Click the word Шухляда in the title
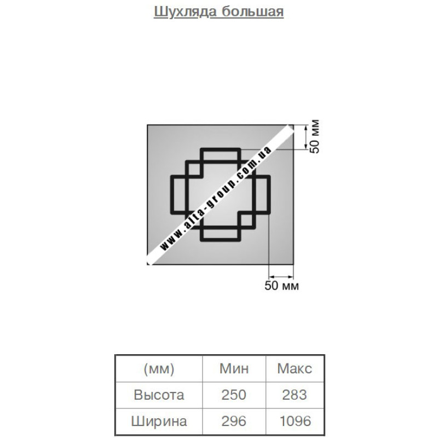[x=185, y=12]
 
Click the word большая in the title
[x=253, y=12]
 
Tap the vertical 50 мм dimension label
[x=314, y=136]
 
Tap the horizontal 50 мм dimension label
[x=281, y=286]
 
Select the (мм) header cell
[x=159, y=368]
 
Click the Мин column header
[x=234, y=368]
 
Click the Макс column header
[x=295, y=368]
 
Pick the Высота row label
[x=159, y=395]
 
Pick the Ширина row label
[x=159, y=421]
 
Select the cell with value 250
[x=234, y=395]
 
